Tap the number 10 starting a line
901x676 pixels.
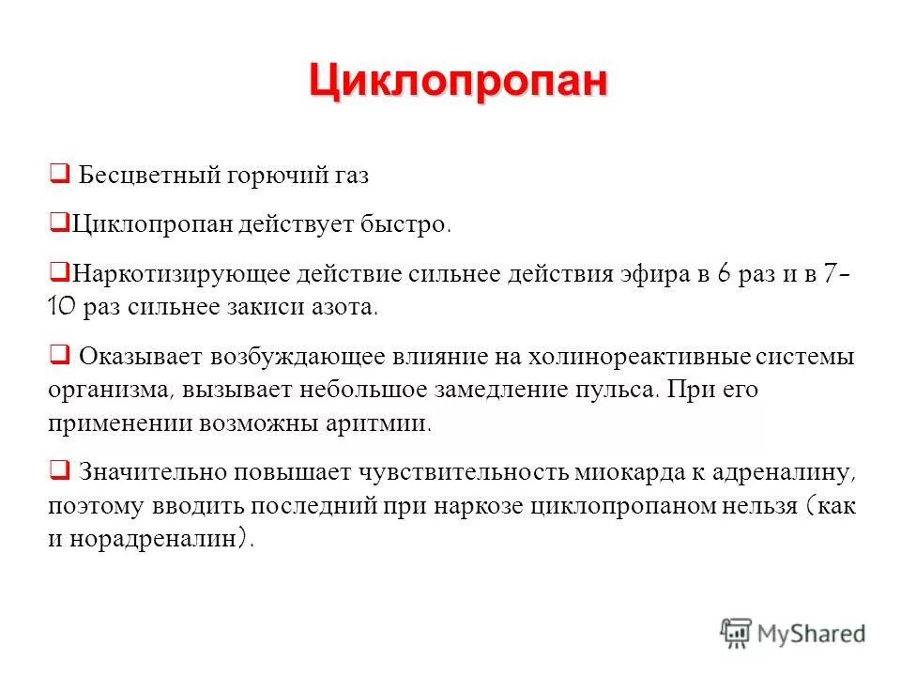point(63,306)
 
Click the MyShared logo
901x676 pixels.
point(793,632)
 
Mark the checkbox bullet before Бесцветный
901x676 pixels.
point(57,174)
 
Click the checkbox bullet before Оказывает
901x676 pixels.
point(57,355)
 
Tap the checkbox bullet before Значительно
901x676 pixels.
point(57,469)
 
